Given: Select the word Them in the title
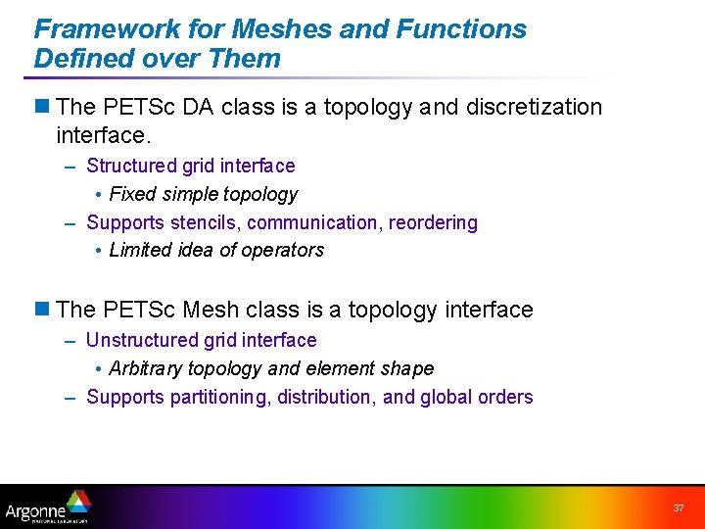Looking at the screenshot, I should click(245, 59).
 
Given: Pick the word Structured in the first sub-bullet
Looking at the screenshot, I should click(128, 167).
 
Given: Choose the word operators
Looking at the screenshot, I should click(284, 251).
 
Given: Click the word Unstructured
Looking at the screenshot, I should click(139, 341).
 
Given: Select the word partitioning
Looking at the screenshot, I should click(220, 398).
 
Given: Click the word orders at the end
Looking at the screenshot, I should click(506, 398).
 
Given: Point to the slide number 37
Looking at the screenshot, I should click(678, 508).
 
